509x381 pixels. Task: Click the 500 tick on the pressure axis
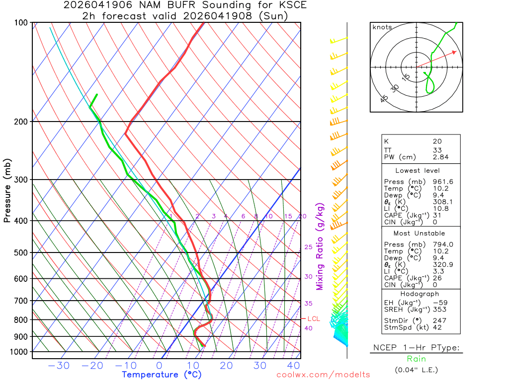(21, 253)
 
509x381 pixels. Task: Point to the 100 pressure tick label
(21, 23)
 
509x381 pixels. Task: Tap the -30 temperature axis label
(59, 366)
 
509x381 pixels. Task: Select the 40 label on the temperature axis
(293, 366)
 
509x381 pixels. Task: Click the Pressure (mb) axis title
(7, 190)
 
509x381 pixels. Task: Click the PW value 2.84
(440, 157)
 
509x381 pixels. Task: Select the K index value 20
(437, 141)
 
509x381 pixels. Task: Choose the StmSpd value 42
(437, 328)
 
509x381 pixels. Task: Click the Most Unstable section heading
(419, 233)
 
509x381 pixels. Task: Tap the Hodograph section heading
(419, 294)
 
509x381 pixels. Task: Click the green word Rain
(416, 359)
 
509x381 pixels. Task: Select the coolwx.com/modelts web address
(323, 375)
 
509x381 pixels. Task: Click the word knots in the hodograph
(382, 27)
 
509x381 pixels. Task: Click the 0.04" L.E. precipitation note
(417, 370)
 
